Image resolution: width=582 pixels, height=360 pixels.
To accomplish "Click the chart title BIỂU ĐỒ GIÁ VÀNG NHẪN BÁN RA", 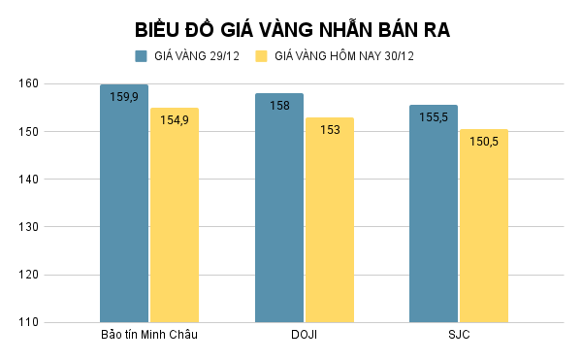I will pos(291,29).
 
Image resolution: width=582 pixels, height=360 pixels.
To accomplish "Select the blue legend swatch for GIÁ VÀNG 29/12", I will pos(142,56).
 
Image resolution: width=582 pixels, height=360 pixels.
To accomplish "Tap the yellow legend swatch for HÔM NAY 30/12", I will pos(261,56).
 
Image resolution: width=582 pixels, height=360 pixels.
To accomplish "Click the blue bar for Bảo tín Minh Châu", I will pos(124,204).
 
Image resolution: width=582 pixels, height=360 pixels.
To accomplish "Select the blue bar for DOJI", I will pos(279,208).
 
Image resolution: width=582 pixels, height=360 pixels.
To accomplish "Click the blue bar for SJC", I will pos(434,213).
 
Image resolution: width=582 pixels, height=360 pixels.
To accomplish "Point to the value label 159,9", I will pos(124,97).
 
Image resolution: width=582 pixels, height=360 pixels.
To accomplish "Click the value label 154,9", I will pos(175,120).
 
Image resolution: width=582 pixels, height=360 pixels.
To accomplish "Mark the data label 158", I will pos(279,106).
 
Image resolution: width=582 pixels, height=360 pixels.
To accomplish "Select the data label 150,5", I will pos(483,142).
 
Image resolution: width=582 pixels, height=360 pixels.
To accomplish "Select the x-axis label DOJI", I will pos(304,336).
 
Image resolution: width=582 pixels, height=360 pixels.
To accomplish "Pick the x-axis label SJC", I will pos(458,336).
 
